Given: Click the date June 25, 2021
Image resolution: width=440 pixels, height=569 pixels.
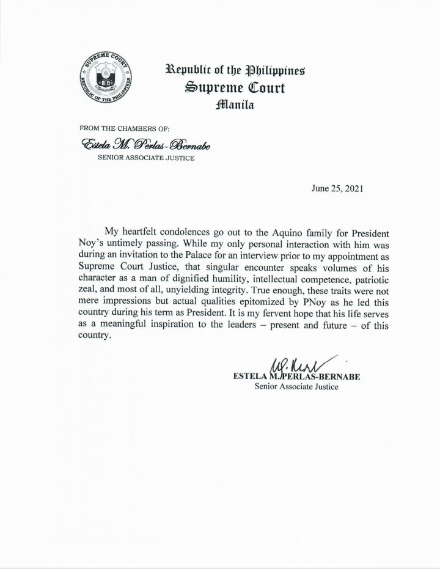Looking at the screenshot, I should [x=337, y=188].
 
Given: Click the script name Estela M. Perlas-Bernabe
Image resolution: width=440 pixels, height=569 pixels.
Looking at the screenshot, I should [x=137, y=144].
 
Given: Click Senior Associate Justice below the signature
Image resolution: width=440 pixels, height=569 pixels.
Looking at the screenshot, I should [x=296, y=387].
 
